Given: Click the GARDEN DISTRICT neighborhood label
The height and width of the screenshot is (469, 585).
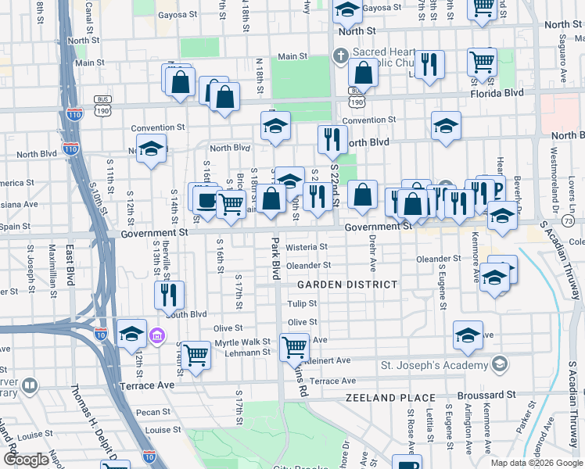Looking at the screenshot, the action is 346,285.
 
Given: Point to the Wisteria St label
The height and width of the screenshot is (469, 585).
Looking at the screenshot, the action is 306,247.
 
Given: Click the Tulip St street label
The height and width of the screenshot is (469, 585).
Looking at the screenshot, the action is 300,303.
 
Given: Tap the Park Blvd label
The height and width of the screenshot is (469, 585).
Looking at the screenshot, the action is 275,260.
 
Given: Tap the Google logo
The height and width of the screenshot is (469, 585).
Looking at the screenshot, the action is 26,460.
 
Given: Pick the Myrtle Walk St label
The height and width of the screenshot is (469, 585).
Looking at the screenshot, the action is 242,342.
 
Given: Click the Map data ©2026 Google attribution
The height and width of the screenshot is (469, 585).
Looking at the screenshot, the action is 536,463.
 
